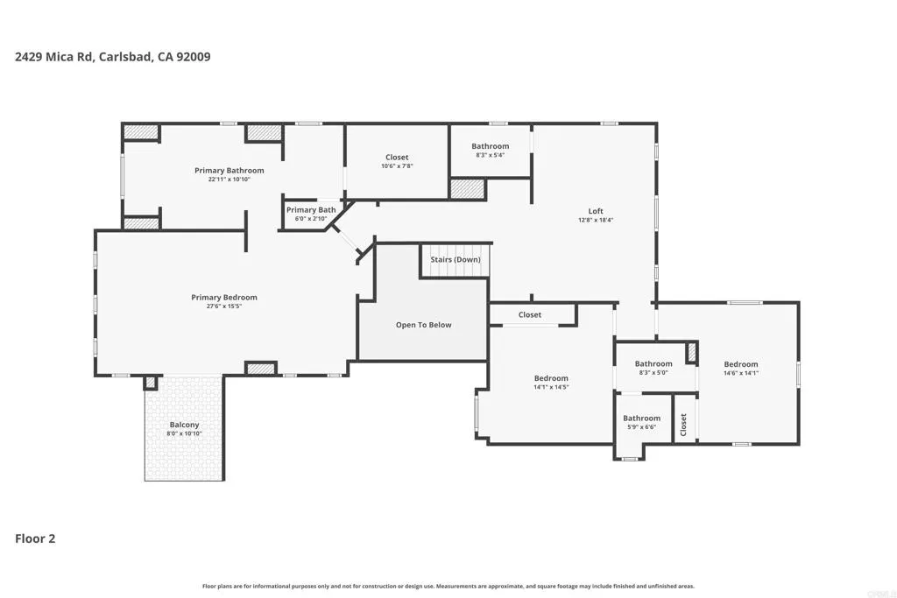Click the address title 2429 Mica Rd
[x=112, y=57]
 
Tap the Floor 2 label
[x=35, y=538]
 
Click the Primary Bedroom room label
[x=224, y=298]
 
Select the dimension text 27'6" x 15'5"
[x=224, y=306]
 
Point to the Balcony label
[x=184, y=425]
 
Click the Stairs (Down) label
[x=455, y=260]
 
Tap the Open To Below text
[x=423, y=325]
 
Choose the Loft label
[x=596, y=211]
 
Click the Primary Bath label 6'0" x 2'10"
[x=311, y=210]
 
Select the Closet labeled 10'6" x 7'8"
[x=397, y=158]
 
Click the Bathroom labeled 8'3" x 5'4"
[x=490, y=146]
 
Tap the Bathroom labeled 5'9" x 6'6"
[x=642, y=419]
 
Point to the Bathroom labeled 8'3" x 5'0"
[x=653, y=364]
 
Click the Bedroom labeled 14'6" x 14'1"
[x=740, y=364]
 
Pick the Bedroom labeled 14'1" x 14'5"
[x=551, y=378]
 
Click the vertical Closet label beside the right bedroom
[x=684, y=424]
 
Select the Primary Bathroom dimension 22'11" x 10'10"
[x=229, y=179]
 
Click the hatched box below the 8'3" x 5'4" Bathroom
[x=467, y=188]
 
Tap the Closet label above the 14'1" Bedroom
[x=530, y=314]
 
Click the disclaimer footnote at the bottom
[x=448, y=586]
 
